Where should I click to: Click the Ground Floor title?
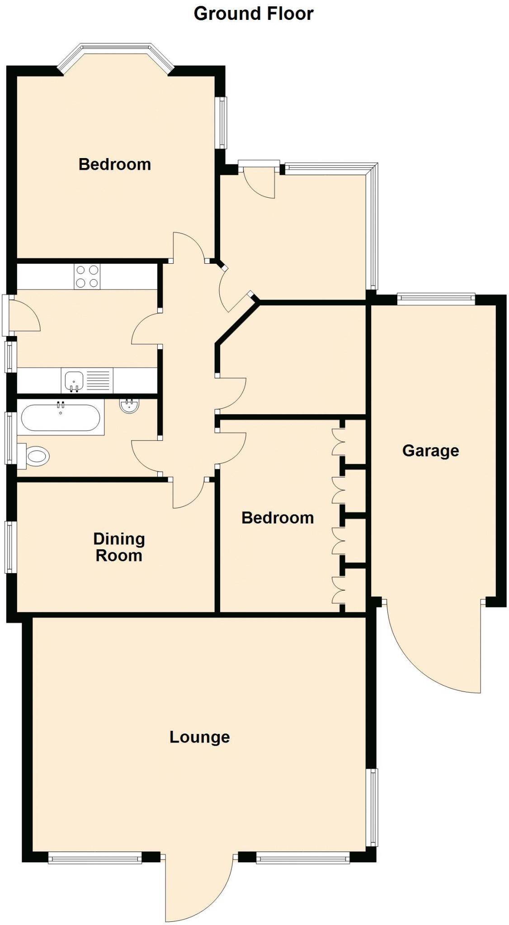(253, 14)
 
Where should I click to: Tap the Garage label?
(430, 450)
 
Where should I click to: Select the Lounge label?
(199, 737)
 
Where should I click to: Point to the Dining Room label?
(119, 547)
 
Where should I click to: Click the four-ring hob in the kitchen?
(87, 276)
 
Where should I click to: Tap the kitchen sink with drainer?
(87, 381)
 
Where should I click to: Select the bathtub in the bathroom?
(61, 417)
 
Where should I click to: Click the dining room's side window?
(11, 547)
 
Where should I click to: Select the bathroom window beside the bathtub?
(11, 438)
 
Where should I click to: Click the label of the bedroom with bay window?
(115, 164)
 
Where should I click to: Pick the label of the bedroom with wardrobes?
(278, 518)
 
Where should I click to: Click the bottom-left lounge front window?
(95, 858)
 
